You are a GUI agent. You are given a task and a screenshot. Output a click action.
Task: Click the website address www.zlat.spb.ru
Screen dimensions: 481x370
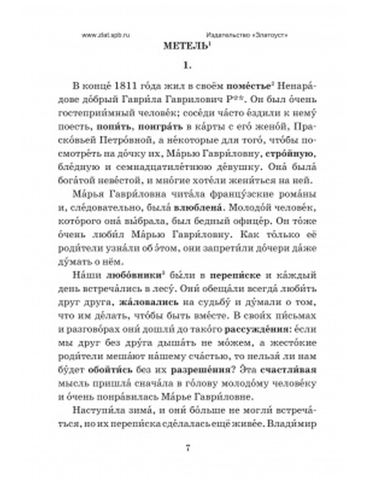pyautogui.click(x=106, y=35)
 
